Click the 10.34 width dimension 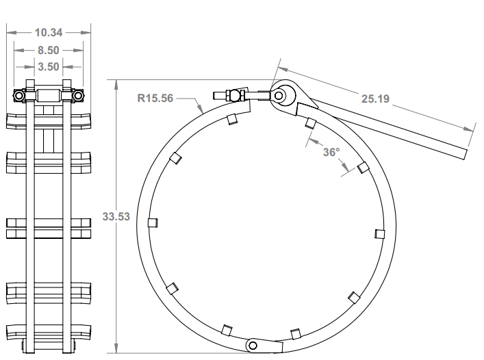coord(49,31)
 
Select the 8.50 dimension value coord(49,49)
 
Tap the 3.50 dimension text coord(49,66)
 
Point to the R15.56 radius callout coord(154,98)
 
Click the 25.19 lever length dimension coord(374,99)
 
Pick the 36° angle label coord(331,152)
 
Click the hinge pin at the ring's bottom coord(253,346)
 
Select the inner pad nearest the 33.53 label coord(153,222)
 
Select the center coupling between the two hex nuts coord(49,96)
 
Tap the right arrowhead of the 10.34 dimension coord(88,31)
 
